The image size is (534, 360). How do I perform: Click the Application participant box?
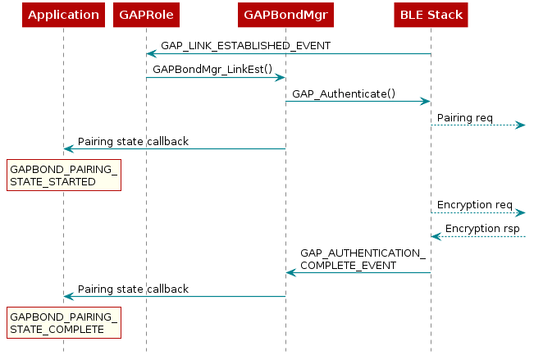click(63, 15)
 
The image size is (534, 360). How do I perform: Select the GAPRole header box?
click(146, 15)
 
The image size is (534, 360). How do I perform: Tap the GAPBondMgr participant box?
click(285, 15)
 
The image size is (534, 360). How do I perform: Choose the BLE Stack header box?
click(431, 15)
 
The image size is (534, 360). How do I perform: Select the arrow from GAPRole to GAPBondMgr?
click(215, 78)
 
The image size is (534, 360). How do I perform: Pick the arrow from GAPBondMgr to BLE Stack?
click(358, 102)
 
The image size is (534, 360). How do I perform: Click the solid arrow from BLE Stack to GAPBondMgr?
click(358, 272)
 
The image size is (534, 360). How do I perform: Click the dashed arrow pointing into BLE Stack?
click(479, 237)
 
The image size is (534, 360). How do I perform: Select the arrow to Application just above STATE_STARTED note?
click(174, 149)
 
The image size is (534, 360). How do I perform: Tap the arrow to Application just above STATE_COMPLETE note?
click(174, 296)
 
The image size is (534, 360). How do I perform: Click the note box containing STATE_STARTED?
click(64, 175)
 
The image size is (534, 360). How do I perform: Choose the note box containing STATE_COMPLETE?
click(64, 323)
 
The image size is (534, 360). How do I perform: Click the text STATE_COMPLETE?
click(57, 330)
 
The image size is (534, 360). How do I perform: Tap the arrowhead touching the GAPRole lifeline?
click(152, 54)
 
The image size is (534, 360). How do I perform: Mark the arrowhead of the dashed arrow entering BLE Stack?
click(436, 237)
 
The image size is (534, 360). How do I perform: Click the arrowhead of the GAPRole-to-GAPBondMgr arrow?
click(280, 78)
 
